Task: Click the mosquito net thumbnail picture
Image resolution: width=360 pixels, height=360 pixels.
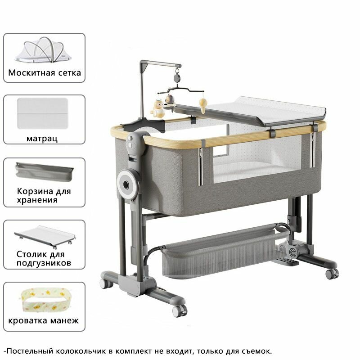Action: (x=43, y=50)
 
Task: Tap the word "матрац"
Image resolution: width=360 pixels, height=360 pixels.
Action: (x=42, y=139)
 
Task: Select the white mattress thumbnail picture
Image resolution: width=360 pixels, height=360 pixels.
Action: (x=43, y=113)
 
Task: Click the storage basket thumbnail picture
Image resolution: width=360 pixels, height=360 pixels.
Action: (x=44, y=172)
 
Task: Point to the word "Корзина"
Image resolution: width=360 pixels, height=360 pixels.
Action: (x=34, y=191)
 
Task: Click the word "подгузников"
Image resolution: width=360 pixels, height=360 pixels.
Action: (x=44, y=263)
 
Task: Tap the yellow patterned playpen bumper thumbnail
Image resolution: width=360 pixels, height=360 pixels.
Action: (x=44, y=300)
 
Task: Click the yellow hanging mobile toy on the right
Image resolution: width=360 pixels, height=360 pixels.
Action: (x=203, y=105)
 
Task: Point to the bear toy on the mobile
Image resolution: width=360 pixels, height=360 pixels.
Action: (x=170, y=100)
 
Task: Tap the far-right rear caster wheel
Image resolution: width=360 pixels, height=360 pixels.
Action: (x=332, y=274)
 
